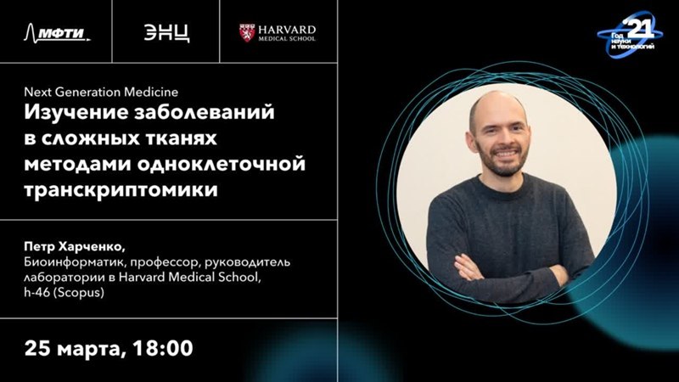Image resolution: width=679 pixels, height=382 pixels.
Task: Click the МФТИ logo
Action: click(x=57, y=32)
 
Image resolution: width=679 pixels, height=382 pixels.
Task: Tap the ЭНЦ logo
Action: click(x=166, y=33)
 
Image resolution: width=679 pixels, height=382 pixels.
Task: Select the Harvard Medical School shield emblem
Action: click(x=246, y=33)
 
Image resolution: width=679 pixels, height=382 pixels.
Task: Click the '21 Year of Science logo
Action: click(x=630, y=35)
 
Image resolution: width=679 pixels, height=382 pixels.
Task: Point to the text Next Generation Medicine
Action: click(x=101, y=92)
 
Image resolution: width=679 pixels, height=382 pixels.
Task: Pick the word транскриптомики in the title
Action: click(x=121, y=190)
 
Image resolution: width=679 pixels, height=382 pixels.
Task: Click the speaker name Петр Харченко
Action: click(x=75, y=247)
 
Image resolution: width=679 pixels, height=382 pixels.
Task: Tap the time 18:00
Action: click(x=163, y=348)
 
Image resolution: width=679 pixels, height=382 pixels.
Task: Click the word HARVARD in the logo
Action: click(x=287, y=30)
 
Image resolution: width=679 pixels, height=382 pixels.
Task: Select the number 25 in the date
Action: click(x=38, y=349)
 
